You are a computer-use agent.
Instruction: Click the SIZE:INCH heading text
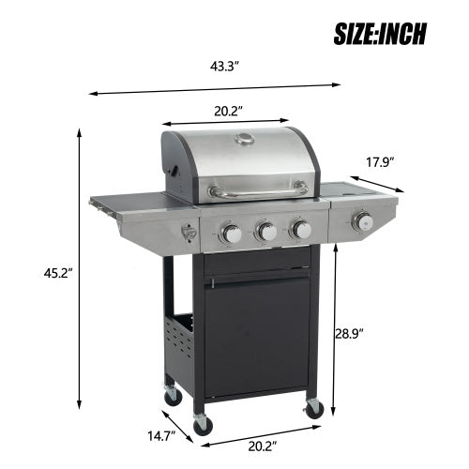pos(380,34)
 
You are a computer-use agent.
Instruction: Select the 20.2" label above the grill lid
pos(225,109)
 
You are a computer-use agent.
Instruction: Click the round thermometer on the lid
pos(245,142)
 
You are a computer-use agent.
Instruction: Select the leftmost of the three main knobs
pos(230,234)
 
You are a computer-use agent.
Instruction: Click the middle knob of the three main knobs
pos(265,231)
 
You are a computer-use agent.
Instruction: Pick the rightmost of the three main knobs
pos(300,228)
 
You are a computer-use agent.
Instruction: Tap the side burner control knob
pos(362,222)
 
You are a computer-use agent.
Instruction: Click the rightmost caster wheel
pos(313,408)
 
